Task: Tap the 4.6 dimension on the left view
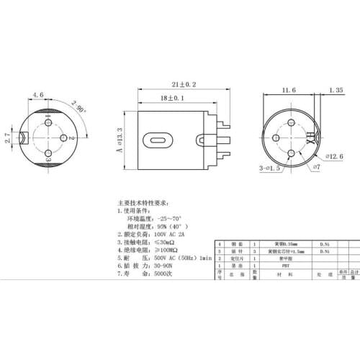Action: (38, 94)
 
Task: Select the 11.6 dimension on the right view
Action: (288, 91)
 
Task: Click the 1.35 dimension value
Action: (335, 91)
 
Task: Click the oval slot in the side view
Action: (159, 138)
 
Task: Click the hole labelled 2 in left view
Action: (63, 138)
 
